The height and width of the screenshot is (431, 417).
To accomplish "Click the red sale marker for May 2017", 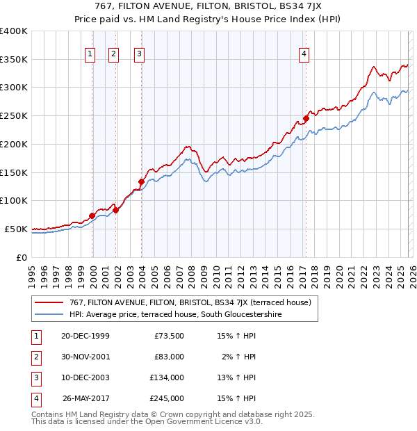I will point(306,119).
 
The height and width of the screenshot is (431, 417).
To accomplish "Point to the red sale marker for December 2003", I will point(141,182).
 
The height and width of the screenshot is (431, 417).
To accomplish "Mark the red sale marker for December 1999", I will point(92,216).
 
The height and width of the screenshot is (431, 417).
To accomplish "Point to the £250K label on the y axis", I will point(14,116).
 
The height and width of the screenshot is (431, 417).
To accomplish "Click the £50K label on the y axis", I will point(17,229).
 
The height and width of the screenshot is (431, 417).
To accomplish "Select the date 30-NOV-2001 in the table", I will point(85,357).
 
